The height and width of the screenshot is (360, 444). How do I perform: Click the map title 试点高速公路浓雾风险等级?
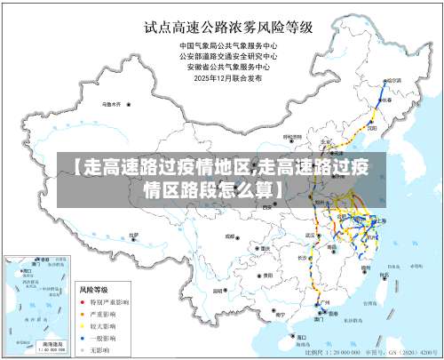(228, 26)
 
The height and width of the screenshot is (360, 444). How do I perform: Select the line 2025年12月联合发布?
(228, 76)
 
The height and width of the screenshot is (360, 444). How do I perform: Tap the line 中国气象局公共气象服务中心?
(228, 44)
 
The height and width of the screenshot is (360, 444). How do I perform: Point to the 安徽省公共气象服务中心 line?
(228, 66)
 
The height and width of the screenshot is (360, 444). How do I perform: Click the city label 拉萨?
(133, 236)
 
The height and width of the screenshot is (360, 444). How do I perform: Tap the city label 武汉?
(310, 235)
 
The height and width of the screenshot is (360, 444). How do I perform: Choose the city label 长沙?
(302, 258)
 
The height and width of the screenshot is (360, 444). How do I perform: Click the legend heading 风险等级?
(94, 290)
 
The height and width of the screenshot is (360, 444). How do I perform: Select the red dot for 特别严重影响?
(83, 302)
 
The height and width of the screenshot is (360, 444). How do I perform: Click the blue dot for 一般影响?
(83, 337)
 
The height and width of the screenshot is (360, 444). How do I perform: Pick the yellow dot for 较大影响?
(83, 325)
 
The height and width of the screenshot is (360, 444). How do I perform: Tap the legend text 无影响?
(98, 348)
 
